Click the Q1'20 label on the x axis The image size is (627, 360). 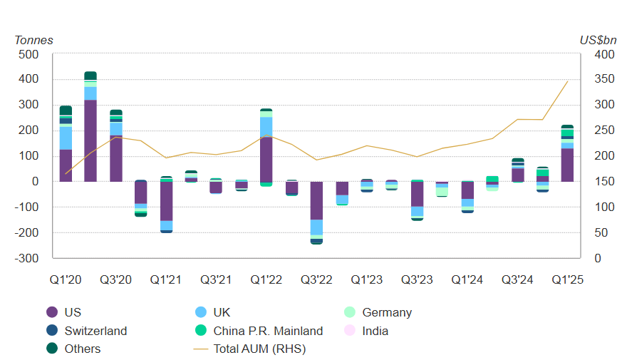66,280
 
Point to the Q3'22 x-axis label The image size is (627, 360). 317,280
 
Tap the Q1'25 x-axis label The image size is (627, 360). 568,280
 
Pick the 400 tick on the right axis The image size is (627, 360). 604,54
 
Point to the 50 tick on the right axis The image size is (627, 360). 601,233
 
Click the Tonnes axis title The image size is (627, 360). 33,40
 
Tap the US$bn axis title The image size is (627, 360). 598,40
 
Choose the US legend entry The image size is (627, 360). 72,312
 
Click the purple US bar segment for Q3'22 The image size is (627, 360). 316,200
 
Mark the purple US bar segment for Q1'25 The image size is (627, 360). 567,165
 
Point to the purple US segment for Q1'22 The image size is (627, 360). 266,159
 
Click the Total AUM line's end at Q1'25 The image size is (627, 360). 568,81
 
